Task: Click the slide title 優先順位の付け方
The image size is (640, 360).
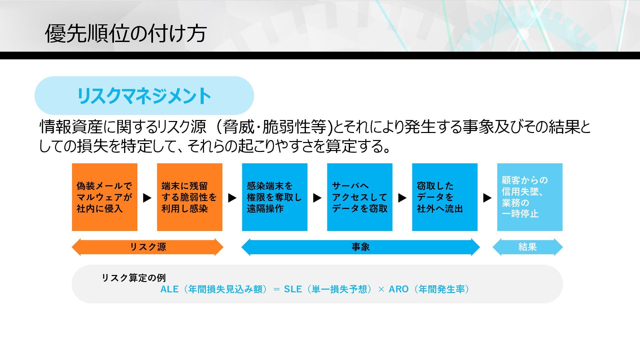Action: (x=126, y=33)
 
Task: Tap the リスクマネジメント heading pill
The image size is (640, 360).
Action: (x=144, y=96)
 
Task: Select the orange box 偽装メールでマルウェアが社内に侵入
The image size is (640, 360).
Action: (x=105, y=197)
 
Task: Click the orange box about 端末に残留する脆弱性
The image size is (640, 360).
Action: (x=189, y=197)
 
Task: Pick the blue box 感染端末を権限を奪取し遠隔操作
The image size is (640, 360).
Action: (x=274, y=197)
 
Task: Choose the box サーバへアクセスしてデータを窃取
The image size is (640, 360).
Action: (x=359, y=197)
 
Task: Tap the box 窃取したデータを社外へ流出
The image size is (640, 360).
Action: (x=445, y=197)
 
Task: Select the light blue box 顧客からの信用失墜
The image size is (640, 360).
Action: (x=530, y=197)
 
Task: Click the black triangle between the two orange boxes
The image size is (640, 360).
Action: (x=147, y=198)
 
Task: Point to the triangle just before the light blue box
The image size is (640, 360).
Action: (x=487, y=198)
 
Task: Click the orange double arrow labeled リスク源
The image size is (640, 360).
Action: (x=147, y=247)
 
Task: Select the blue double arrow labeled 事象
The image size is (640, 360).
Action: (x=360, y=247)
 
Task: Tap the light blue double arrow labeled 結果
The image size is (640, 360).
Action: (x=527, y=247)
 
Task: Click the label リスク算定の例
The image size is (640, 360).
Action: (x=134, y=278)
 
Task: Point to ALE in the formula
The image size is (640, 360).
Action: (x=169, y=289)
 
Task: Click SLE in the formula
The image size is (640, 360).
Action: (x=293, y=289)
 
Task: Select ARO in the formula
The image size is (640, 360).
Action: (x=398, y=289)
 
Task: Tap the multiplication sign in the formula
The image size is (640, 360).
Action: (x=381, y=289)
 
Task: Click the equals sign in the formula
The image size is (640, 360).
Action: (x=276, y=289)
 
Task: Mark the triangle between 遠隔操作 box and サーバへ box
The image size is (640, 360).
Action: (x=317, y=198)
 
